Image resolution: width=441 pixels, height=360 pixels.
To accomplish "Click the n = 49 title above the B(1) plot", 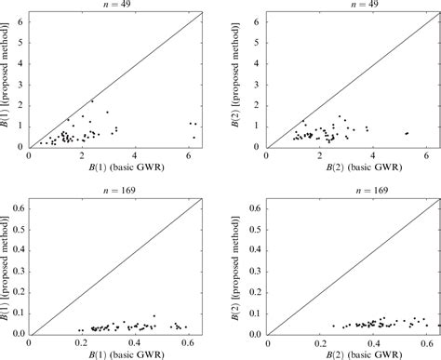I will tap(115, 5).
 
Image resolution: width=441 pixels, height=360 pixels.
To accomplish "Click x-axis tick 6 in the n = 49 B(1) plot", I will tap(188, 155).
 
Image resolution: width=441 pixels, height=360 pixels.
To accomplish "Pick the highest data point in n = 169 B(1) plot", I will tap(154, 316).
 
